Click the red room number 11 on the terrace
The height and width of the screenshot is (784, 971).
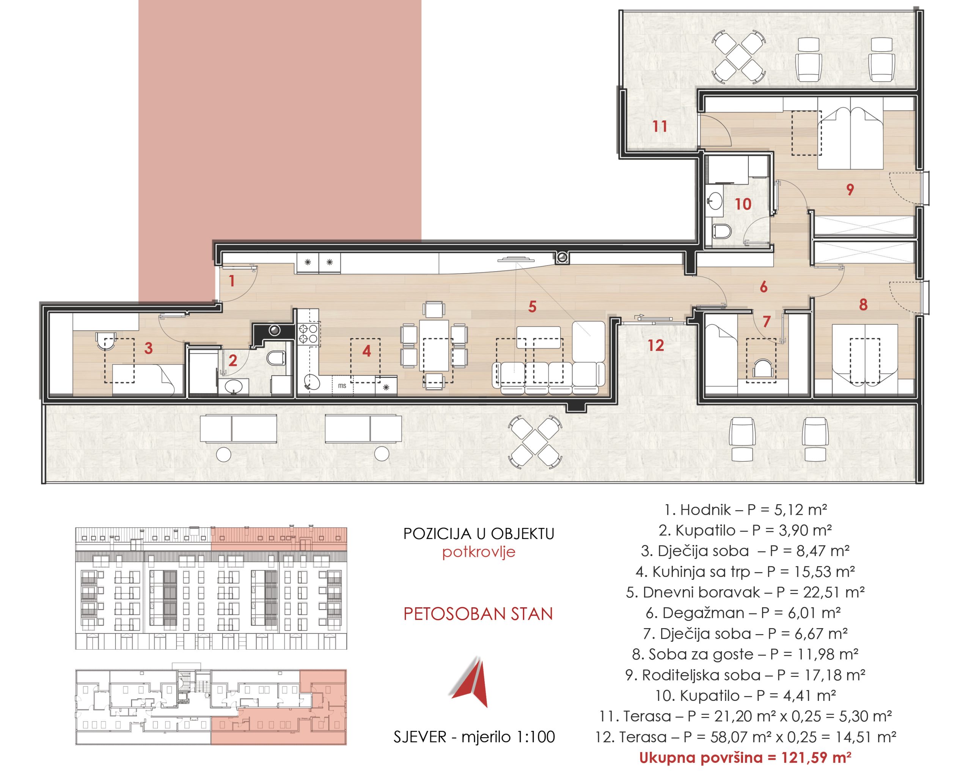[660, 126]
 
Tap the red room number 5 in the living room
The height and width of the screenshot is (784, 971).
[533, 307]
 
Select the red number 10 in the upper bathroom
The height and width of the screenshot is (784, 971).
[743, 204]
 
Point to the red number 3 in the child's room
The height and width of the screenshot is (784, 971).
[149, 348]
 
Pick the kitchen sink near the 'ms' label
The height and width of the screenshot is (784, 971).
[312, 382]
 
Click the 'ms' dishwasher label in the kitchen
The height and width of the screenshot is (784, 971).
[342, 386]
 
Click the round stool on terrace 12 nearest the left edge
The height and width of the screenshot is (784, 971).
[223, 454]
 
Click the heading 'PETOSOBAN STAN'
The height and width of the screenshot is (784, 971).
[478, 614]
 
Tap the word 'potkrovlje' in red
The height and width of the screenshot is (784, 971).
[479, 552]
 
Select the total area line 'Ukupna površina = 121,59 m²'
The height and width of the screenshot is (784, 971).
[745, 757]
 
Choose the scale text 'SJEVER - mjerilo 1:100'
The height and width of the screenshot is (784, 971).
[474, 737]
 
